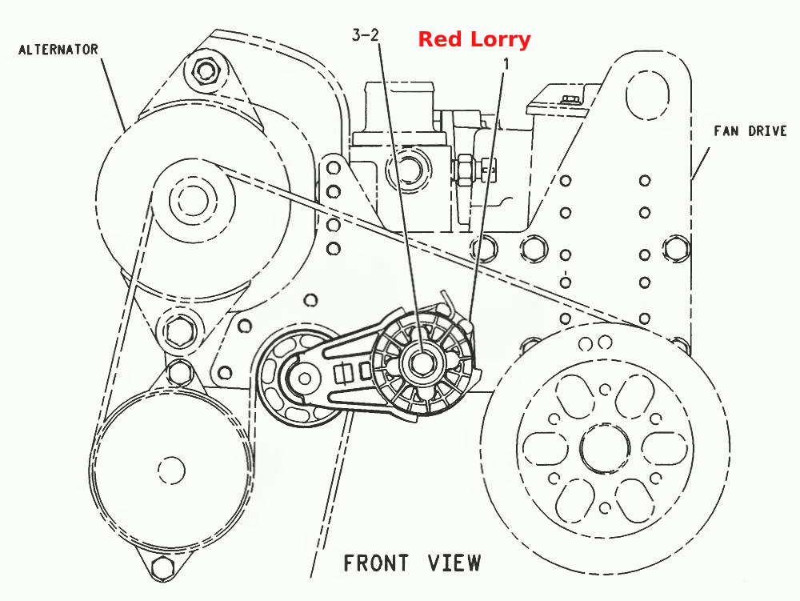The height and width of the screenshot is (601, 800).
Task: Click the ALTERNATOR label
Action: [58, 50]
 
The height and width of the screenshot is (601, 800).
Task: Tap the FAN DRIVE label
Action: [750, 131]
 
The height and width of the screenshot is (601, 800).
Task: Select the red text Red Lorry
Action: [474, 39]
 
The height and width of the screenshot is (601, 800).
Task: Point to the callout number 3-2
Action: [366, 34]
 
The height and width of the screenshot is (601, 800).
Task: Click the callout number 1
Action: [506, 64]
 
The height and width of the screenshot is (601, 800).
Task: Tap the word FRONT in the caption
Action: [376, 563]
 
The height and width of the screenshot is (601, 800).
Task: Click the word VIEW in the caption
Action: [454, 563]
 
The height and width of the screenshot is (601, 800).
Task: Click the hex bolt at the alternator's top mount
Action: [205, 70]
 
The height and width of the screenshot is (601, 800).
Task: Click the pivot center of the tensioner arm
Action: [305, 379]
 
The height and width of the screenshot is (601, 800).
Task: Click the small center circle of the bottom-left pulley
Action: [171, 470]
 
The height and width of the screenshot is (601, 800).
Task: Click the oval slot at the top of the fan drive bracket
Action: [647, 95]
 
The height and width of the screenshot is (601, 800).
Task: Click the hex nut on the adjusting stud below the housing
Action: [466, 170]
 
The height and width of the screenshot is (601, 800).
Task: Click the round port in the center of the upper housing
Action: [407, 168]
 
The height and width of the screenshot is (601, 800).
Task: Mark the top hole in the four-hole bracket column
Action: [333, 168]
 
